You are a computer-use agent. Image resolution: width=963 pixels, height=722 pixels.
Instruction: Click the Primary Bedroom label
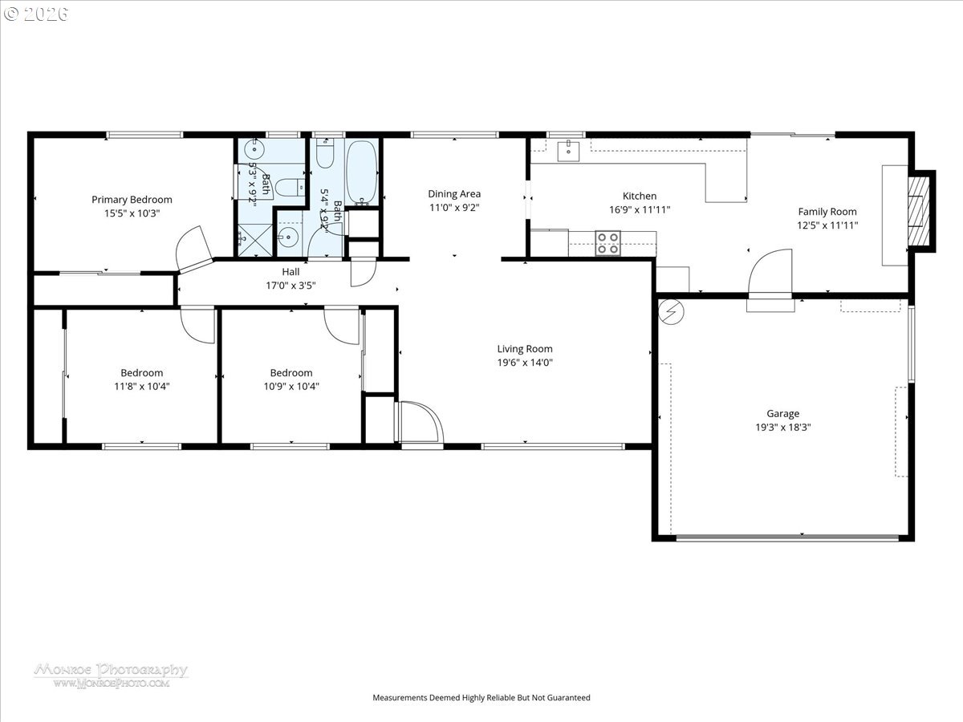[132, 200]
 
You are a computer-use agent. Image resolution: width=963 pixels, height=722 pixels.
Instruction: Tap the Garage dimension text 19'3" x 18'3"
[782, 427]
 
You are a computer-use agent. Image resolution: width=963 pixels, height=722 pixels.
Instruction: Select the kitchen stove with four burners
[607, 243]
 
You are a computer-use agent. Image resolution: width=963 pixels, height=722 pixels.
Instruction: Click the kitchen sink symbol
[568, 151]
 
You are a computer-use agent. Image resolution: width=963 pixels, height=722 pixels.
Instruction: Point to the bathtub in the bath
[361, 172]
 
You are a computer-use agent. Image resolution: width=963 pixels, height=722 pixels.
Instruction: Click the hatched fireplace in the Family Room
[918, 210]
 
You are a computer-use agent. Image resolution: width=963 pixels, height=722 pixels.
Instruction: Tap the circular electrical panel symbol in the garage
[671, 311]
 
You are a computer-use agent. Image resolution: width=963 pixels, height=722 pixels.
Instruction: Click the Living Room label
[525, 349]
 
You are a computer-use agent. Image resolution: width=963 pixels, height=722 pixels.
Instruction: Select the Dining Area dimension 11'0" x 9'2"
[454, 207]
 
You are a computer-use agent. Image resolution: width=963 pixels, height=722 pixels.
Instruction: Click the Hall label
[291, 272]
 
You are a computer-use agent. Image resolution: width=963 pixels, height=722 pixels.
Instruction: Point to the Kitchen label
[640, 196]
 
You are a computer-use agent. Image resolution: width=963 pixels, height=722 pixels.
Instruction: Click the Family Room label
[827, 212]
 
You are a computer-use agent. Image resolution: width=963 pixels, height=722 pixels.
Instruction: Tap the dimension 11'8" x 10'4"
[142, 386]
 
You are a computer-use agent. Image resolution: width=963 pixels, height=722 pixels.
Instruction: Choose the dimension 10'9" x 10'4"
[291, 386]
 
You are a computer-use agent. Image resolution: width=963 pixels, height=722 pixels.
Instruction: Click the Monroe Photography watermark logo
[111, 675]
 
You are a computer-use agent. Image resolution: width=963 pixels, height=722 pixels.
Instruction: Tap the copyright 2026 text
[36, 14]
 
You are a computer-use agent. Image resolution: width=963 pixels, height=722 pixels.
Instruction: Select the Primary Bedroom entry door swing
[194, 249]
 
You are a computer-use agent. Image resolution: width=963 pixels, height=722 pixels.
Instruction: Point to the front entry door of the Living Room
[419, 422]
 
